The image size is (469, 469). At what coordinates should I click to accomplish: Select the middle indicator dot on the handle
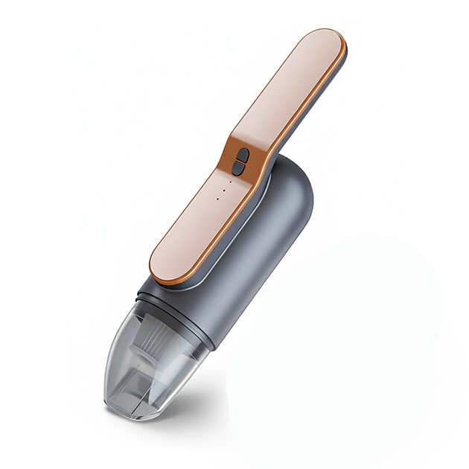click(223, 189)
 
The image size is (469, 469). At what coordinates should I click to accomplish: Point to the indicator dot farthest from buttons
click(217, 199)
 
